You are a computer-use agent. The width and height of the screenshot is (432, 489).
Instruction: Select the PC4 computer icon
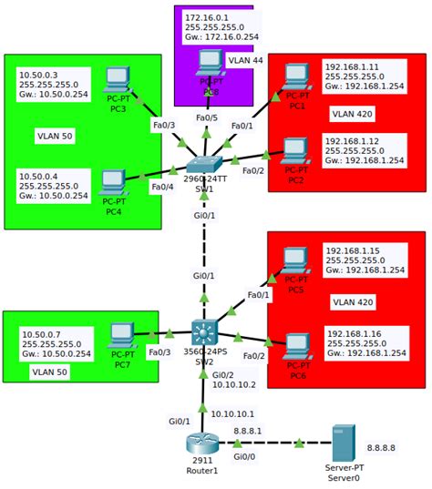(x=114, y=182)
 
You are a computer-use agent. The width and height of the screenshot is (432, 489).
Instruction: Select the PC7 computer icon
(x=120, y=336)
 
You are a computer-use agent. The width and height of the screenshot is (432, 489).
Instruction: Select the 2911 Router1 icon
(x=202, y=443)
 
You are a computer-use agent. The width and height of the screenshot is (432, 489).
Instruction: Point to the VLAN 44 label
(x=244, y=60)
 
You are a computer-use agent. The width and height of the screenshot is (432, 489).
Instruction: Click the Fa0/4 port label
(x=162, y=187)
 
